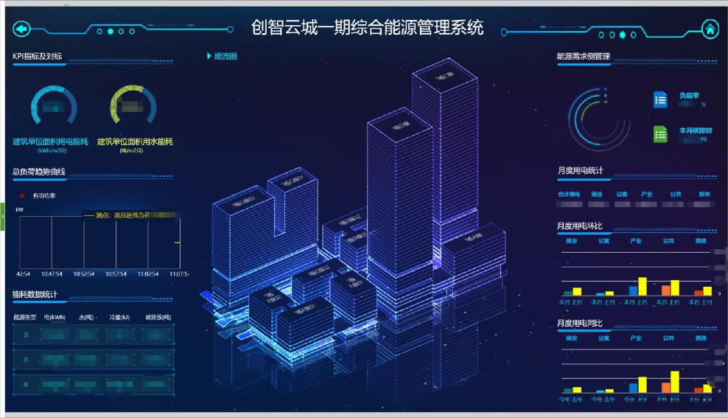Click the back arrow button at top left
click(21, 29)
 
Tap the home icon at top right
click(710, 29)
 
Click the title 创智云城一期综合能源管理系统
click(368, 28)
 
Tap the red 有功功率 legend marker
click(22, 196)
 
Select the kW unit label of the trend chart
click(20, 210)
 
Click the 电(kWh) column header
click(55, 317)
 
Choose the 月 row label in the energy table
click(26, 359)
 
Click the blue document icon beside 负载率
click(660, 100)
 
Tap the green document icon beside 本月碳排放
click(660, 134)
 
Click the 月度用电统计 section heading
click(580, 171)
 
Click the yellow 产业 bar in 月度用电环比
click(642, 286)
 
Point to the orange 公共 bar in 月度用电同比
click(666, 386)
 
